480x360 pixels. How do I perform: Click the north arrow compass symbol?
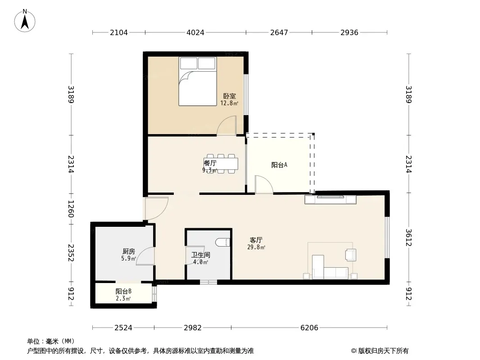(25, 21)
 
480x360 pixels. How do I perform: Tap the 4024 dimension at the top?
(195, 32)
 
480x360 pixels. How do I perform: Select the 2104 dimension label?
(119, 32)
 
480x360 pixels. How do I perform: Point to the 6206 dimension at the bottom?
(309, 328)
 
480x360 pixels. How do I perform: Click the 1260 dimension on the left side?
(71, 209)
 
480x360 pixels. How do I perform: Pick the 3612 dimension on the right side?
(409, 237)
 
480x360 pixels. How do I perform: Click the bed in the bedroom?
(198, 81)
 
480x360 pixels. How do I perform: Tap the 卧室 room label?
(229, 96)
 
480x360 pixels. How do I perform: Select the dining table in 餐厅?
(221, 164)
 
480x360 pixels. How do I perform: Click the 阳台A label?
(279, 165)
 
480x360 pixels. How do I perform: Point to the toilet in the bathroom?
(222, 242)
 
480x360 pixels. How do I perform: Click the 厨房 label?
(129, 252)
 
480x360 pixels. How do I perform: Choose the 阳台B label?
(123, 291)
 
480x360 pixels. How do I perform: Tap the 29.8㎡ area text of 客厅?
(256, 247)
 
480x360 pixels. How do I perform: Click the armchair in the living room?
(351, 255)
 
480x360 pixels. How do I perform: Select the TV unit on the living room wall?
(331, 199)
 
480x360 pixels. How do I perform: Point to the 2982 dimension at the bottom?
(193, 328)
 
